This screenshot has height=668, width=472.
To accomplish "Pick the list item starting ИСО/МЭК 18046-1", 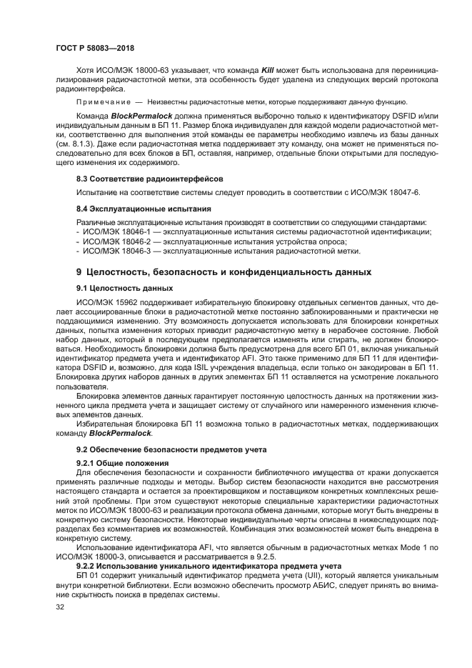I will pyautogui.click(x=256, y=232).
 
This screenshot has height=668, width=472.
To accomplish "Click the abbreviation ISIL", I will pyautogui.click(x=222, y=367).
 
